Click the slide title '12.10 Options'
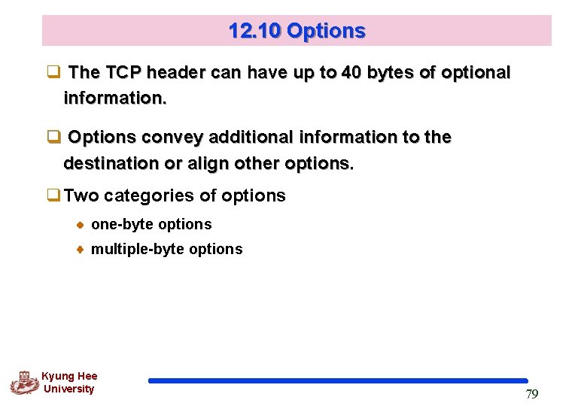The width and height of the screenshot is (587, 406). pyautogui.click(x=297, y=32)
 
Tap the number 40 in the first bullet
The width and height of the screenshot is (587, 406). pyautogui.click(x=350, y=73)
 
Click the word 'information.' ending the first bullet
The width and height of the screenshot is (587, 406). pyautogui.click(x=115, y=98)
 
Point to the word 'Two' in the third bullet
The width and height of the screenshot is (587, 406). pyautogui.click(x=82, y=196)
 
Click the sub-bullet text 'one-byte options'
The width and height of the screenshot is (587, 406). pyautogui.click(x=151, y=224)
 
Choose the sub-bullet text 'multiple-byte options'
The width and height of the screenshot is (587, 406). pyautogui.click(x=166, y=249)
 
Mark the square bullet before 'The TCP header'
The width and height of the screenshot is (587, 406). pyautogui.click(x=53, y=74)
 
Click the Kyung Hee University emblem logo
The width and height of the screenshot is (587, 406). pyautogui.click(x=25, y=383)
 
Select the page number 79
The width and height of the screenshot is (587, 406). pyautogui.click(x=531, y=394)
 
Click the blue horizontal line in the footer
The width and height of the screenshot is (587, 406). pyautogui.click(x=338, y=381)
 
